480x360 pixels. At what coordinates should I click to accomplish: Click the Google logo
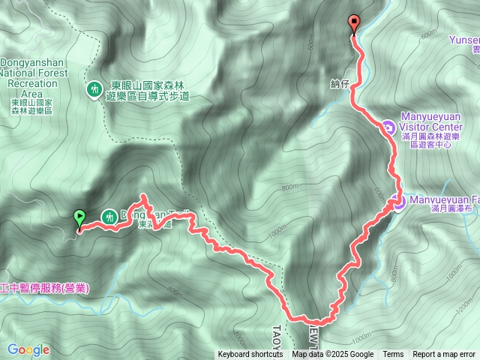coord(28,349)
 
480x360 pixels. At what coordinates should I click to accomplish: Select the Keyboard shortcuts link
coord(250,355)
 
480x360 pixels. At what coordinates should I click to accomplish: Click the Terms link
coord(393,355)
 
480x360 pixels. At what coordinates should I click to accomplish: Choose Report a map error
coord(445,355)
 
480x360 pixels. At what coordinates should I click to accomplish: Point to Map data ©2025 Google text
coord(333,355)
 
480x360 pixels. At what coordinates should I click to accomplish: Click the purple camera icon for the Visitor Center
coord(388,127)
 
